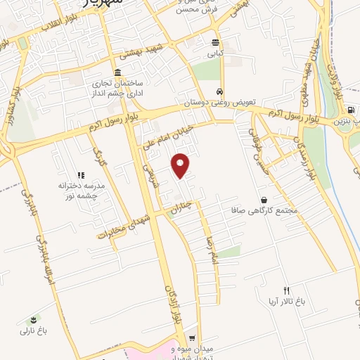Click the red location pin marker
coord(181,164)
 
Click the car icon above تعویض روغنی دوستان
coord(220,92)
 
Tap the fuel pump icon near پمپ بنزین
coord(350,110)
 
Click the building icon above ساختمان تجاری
coord(117,74)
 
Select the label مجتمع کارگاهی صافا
coord(265,210)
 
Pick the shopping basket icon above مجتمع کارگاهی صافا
coord(264,200)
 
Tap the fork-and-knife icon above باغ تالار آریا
coord(285,290)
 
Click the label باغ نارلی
coord(32,330)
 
